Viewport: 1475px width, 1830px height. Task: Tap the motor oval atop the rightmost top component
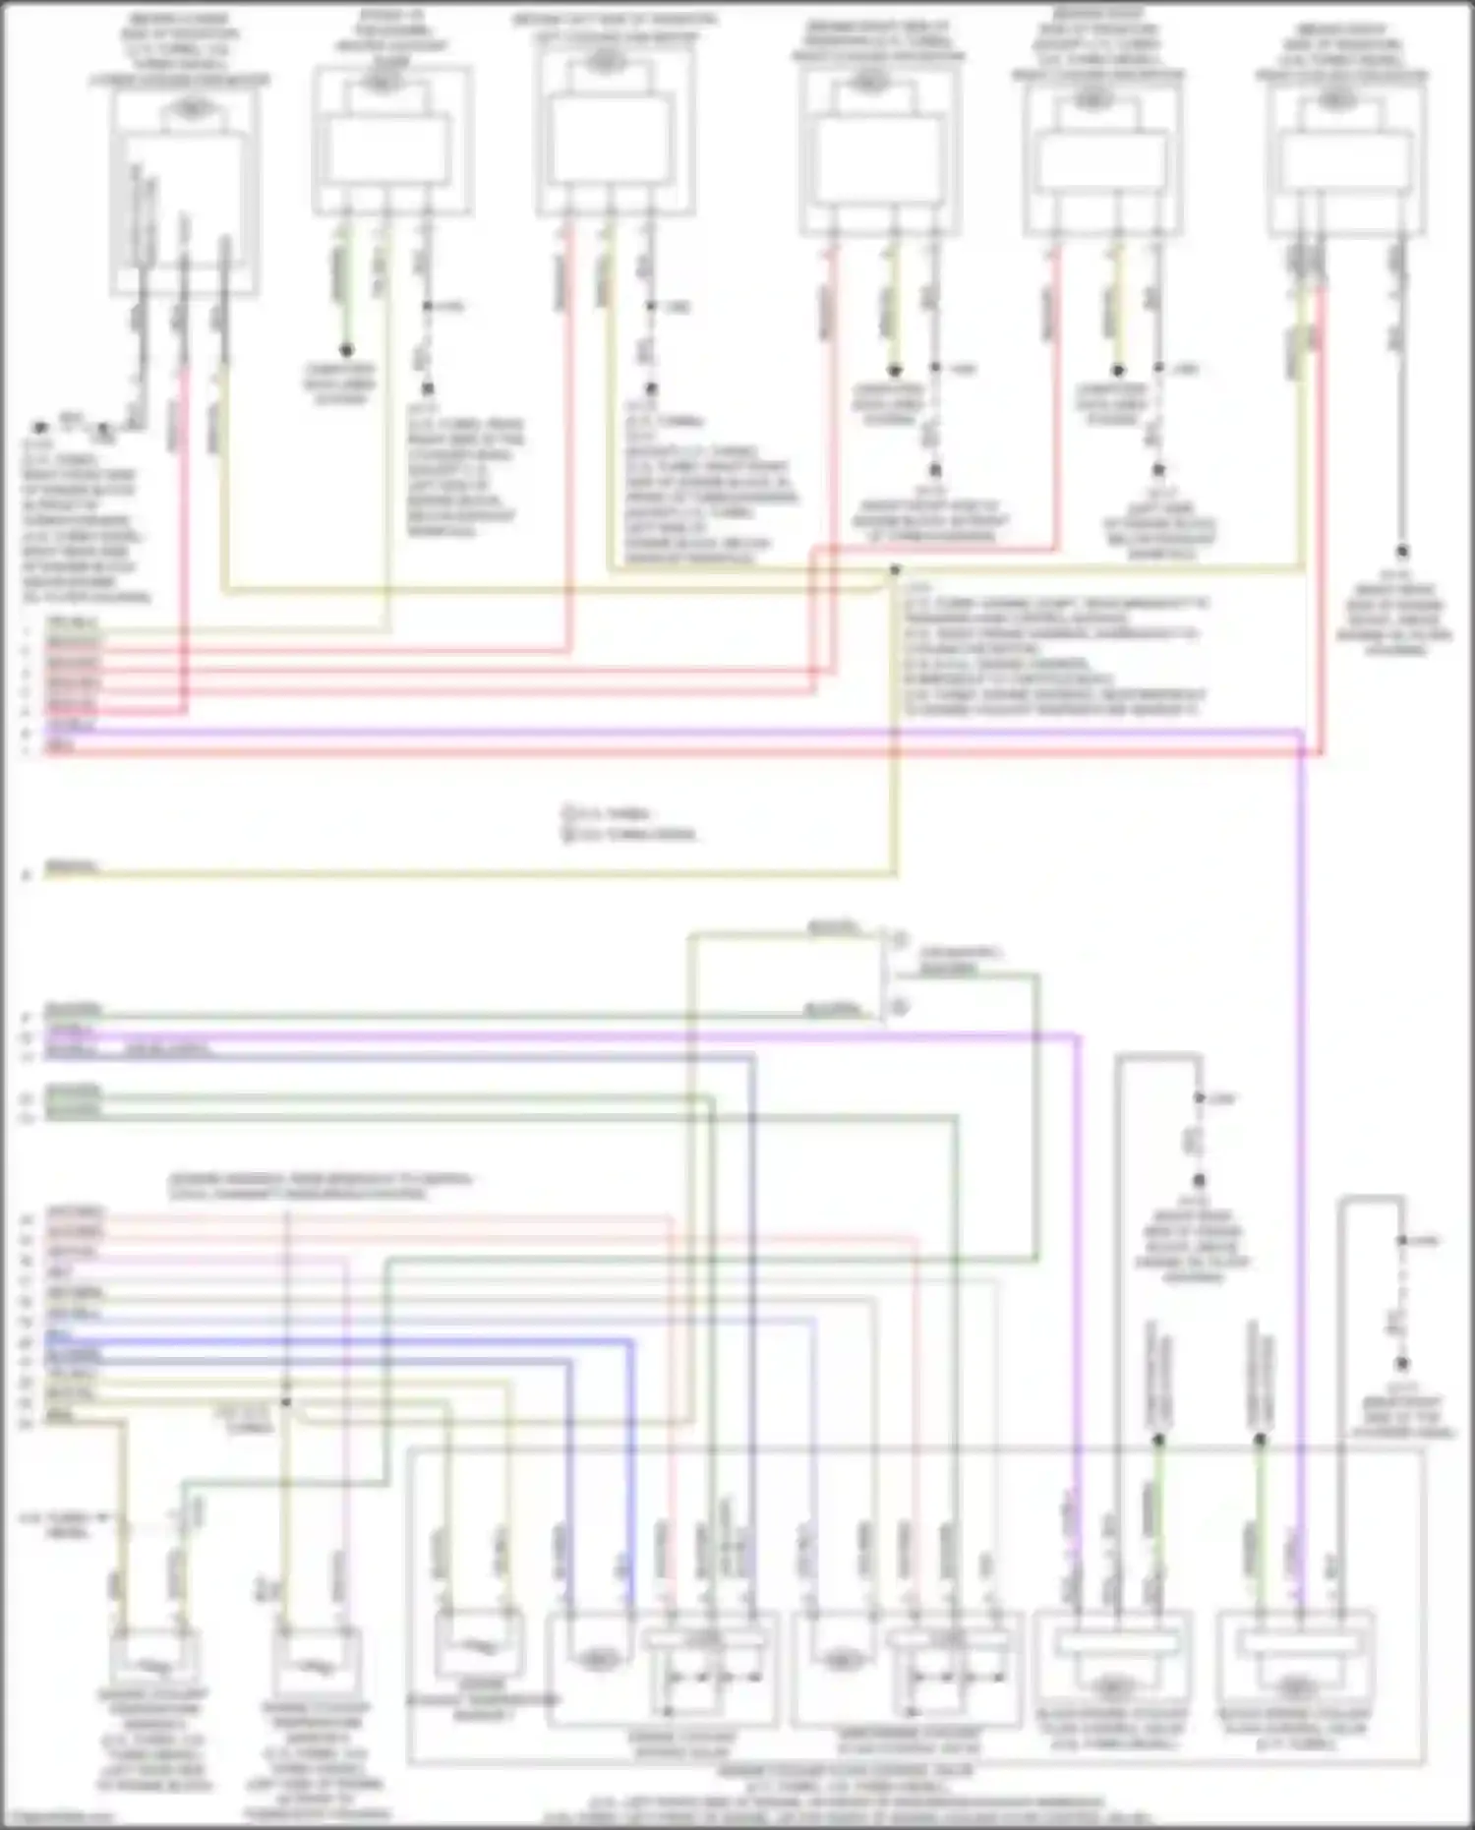pyautogui.click(x=1336, y=99)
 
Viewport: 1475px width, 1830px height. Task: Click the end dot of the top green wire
pyautogui.click(x=346, y=350)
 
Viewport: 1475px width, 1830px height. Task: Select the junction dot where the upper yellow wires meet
pyautogui.click(x=895, y=570)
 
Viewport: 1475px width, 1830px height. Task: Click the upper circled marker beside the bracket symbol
pyautogui.click(x=899, y=941)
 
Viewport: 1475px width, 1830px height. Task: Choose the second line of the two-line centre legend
pyautogui.click(x=629, y=834)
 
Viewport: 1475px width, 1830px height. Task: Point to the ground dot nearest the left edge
pyautogui.click(x=39, y=429)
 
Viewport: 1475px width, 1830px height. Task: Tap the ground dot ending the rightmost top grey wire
pyautogui.click(x=1402, y=553)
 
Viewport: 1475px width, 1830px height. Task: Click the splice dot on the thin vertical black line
pyautogui.click(x=286, y=1402)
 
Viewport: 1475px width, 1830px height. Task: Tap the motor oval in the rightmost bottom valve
pyautogui.click(x=1295, y=1687)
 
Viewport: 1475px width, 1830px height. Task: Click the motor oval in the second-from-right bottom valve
pyautogui.click(x=1112, y=1687)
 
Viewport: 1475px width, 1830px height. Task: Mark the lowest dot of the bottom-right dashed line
pyautogui.click(x=1402, y=1364)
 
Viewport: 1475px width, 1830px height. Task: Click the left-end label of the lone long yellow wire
pyautogui.click(x=71, y=867)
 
